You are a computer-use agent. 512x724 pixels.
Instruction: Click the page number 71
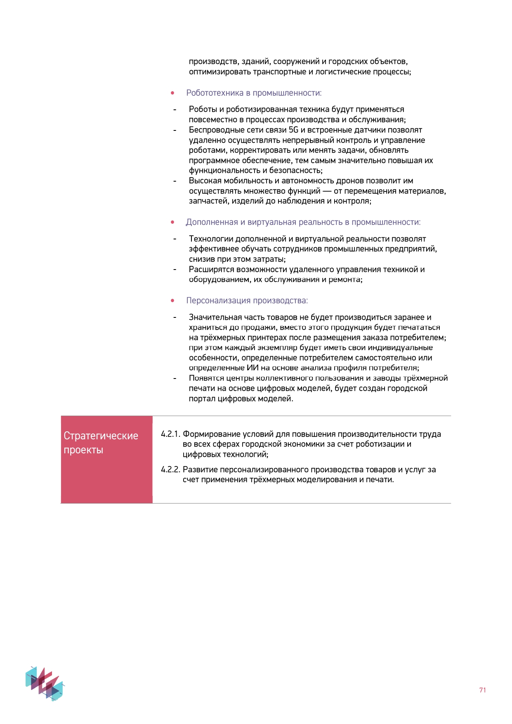482,690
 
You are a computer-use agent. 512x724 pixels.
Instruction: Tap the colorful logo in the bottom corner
45,683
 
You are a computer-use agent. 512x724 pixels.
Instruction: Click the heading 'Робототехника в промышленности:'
254,93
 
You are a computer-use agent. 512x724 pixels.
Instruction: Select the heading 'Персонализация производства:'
247,300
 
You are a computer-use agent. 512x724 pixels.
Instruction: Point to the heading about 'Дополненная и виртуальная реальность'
303,222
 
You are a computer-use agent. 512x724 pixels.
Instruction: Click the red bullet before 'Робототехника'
172,93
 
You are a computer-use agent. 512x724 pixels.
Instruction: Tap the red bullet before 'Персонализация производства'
172,301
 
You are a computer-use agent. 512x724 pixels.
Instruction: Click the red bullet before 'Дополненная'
172,222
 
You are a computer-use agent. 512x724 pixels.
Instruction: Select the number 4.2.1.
170,434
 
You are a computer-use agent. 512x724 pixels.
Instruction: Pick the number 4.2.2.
170,470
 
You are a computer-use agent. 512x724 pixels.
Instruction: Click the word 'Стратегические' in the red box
101,436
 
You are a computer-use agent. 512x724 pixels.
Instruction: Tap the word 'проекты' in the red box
83,450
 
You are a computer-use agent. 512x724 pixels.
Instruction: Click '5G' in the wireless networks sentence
293,130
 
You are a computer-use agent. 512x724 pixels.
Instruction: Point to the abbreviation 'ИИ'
252,368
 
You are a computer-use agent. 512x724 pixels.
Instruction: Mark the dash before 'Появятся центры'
175,379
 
